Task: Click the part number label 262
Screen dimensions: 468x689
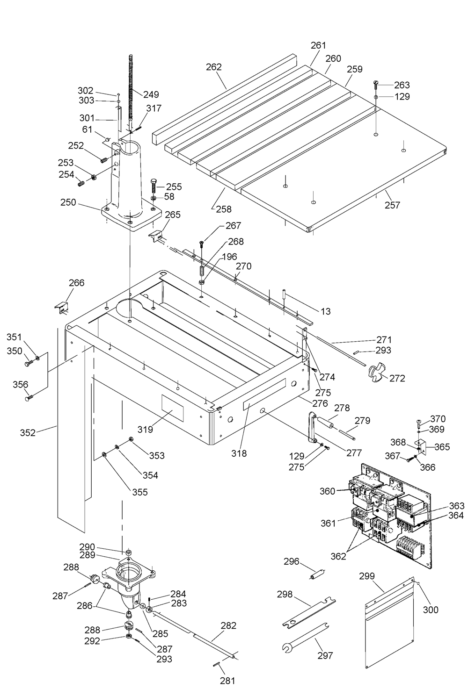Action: click(x=214, y=67)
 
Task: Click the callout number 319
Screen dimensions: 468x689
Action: click(x=145, y=429)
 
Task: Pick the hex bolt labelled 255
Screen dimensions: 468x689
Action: click(x=154, y=186)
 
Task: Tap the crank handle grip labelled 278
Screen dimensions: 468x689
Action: click(x=325, y=423)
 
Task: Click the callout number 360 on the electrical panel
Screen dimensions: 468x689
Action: click(x=327, y=491)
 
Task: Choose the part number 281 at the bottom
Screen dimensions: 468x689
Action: click(x=227, y=681)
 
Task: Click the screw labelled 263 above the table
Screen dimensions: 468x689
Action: click(x=376, y=85)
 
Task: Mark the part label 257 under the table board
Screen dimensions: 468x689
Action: click(x=392, y=205)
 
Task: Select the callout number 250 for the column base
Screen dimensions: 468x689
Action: click(x=68, y=202)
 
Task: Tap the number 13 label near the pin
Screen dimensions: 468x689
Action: click(x=325, y=312)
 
